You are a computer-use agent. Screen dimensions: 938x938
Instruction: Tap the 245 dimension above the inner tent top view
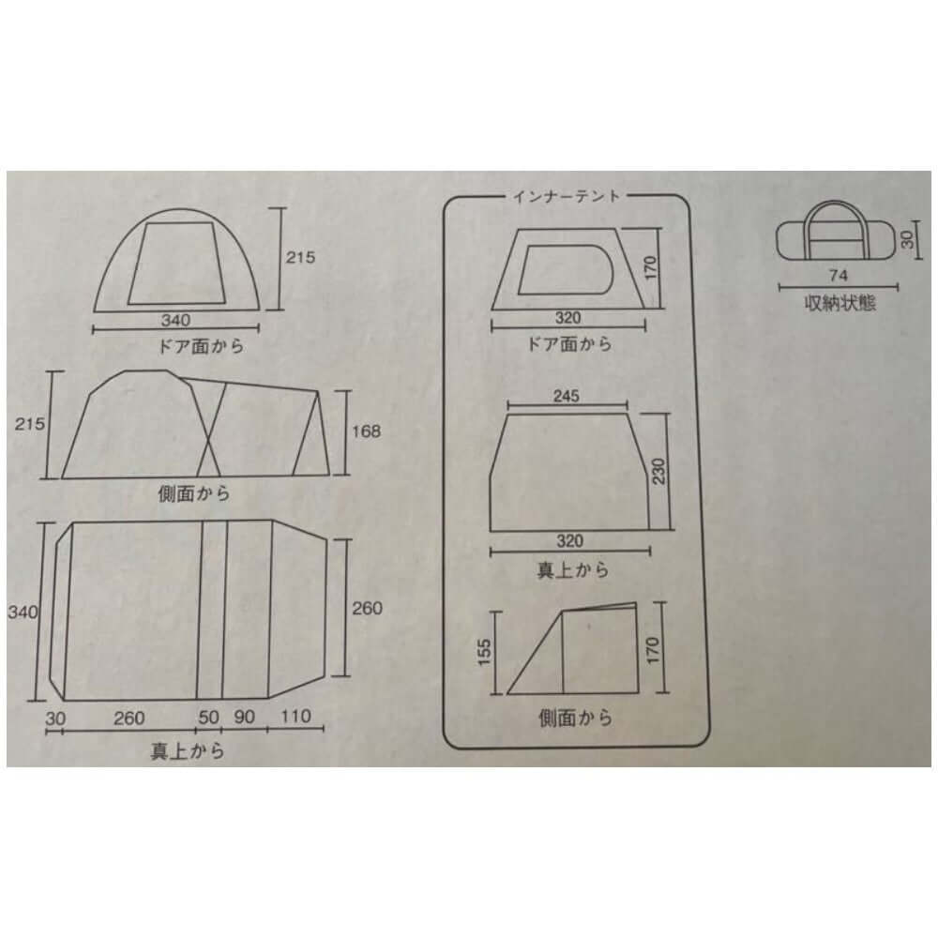[x=566, y=396]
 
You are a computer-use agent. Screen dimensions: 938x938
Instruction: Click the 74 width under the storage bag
[x=839, y=277]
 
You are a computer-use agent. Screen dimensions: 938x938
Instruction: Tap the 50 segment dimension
[x=208, y=718]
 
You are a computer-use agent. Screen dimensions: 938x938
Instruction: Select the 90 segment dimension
[x=245, y=718]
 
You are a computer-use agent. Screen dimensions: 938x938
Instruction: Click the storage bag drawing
[x=839, y=231]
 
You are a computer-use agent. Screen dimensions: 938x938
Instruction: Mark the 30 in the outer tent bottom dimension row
[x=54, y=718]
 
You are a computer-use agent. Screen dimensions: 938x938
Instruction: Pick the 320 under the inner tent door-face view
[x=566, y=319]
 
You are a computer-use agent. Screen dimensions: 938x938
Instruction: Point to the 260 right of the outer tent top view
[x=368, y=608]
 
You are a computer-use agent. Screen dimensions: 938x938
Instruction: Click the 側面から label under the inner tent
[x=574, y=719]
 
